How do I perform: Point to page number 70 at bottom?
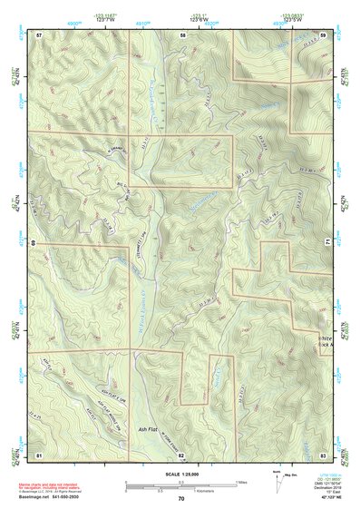tap(181, 499)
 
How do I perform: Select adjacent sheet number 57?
tap(39, 34)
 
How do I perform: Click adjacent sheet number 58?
tap(182, 34)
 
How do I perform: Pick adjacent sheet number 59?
tap(324, 34)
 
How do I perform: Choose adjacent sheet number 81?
tap(39, 454)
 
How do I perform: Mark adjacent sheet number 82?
tap(181, 454)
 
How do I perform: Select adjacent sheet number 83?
tap(324, 454)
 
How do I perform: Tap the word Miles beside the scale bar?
tap(241, 481)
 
